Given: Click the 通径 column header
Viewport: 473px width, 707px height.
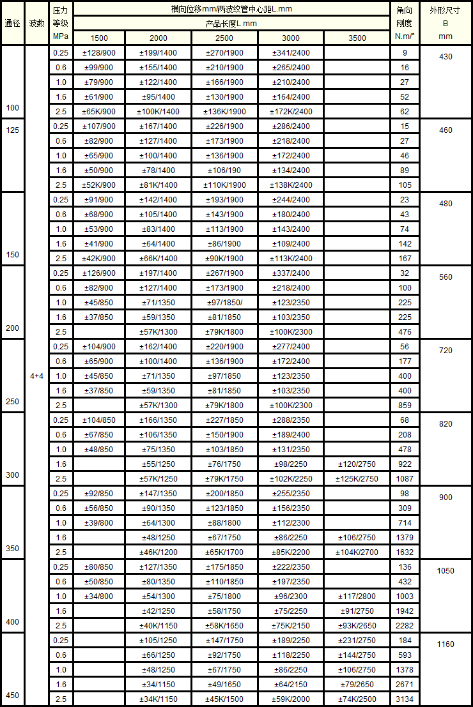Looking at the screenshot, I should (12, 23).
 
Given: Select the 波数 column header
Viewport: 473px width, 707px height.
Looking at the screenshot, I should (36, 23).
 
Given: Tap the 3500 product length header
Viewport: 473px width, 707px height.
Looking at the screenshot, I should (357, 38).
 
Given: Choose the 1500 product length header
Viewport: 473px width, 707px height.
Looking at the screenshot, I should (99, 38).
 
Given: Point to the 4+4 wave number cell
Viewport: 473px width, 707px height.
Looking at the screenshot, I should (36, 376).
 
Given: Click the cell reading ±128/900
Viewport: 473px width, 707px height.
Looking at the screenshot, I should (99, 52).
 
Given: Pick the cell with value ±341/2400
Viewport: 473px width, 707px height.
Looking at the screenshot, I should (291, 52).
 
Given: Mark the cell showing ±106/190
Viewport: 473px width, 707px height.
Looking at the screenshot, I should (224, 170).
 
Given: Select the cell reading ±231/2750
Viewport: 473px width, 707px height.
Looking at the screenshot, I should (357, 641).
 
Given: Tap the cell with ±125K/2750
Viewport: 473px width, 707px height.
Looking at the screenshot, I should (357, 478).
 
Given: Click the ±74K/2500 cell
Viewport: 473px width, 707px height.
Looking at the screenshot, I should (357, 699).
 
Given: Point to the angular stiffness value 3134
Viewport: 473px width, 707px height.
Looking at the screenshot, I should (405, 699).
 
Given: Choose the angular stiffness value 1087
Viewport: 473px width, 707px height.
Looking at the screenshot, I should (405, 478).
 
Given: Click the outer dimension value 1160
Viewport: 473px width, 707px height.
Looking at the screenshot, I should (446, 644).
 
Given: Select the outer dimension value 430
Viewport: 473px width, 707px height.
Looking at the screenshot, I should (446, 57).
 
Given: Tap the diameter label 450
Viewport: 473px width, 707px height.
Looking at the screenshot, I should (12, 696).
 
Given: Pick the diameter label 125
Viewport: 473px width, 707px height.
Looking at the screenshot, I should (12, 130).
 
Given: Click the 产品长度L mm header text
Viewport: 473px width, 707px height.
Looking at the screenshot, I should (231, 24).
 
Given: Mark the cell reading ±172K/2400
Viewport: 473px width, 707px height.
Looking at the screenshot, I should (291, 111).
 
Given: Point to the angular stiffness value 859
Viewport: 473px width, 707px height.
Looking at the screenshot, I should (405, 405).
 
